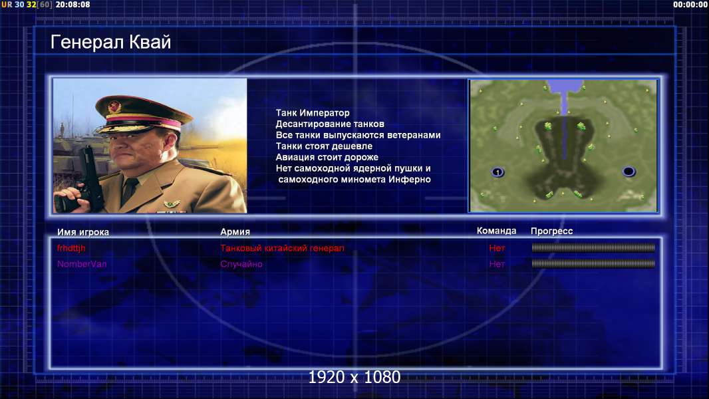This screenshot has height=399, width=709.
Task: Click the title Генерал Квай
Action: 111,42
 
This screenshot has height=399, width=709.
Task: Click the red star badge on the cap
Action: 114,106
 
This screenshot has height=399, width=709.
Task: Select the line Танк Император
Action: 313,113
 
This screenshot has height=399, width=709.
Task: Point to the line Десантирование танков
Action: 330,124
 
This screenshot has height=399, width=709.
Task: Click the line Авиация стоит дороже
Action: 327,157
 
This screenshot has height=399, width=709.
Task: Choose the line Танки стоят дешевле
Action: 324,146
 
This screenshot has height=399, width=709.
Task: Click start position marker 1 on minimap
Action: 497,172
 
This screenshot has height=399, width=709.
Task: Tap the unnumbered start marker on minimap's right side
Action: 629,172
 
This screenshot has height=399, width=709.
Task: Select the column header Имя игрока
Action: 82,232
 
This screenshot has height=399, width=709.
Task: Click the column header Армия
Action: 235,232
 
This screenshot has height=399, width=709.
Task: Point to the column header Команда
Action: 496,231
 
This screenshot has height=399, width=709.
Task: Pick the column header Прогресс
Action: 551,231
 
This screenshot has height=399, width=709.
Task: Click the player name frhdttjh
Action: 71,248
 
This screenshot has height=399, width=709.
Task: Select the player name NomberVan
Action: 82,264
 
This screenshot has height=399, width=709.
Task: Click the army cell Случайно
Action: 241,264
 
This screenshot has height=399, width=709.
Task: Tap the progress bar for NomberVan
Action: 593,263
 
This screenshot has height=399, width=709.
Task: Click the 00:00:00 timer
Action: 690,5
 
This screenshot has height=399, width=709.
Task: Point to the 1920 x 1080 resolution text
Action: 354,377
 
